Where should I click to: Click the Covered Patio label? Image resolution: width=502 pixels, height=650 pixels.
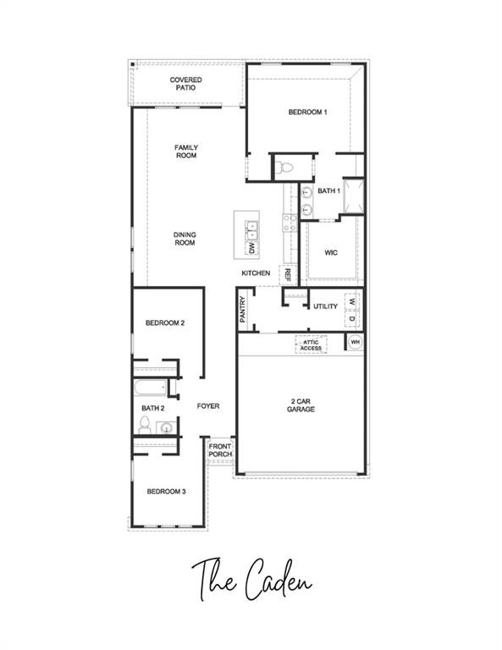(185, 83)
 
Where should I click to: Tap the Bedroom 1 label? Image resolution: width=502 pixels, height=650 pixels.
(307, 112)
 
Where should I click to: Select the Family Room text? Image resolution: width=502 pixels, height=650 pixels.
(186, 151)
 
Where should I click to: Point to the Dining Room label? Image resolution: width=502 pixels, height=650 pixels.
(185, 239)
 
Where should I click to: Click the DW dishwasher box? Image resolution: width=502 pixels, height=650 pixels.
(251, 248)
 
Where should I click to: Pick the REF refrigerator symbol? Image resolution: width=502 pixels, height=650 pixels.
(287, 274)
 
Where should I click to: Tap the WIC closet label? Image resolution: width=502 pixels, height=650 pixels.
(331, 252)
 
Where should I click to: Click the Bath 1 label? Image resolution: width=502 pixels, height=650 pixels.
(328, 191)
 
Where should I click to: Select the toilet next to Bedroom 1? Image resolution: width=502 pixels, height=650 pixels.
(285, 166)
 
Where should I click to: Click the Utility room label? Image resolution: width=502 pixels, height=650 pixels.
(325, 306)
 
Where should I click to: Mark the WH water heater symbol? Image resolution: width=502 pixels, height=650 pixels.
(356, 342)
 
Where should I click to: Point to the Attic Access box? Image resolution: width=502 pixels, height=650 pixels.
(311, 344)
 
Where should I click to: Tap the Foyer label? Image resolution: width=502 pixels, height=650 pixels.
(208, 406)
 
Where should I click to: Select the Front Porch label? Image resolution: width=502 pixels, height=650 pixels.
(220, 450)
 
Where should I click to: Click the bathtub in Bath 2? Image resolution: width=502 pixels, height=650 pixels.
(151, 389)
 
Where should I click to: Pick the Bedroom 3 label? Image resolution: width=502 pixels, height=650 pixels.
(166, 492)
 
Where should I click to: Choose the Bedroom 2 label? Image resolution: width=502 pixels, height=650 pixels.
(165, 322)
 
